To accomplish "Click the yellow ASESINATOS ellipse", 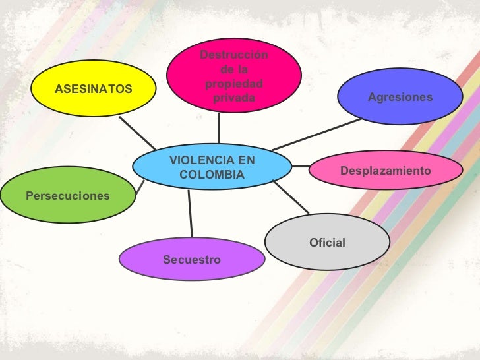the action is coord(93,88).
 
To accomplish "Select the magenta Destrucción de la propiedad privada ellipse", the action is coord(233,75).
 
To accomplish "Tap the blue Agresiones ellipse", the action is coord(400,97).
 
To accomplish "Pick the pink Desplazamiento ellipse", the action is coord(385,171).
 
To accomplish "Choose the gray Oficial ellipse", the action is coord(327,243).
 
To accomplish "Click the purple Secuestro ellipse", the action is coord(192,260).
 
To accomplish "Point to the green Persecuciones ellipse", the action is coord(67,195).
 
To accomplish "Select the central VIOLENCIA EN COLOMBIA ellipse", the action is coord(212,168).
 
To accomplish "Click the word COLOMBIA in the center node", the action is coord(212,175).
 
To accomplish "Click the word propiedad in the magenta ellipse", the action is coord(233,84).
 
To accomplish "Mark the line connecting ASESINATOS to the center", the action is coord(139,133).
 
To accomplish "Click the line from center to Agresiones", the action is coord(316,134).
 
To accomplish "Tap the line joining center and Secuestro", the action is coord(191,212).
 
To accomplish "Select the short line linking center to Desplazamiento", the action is coord(301,166).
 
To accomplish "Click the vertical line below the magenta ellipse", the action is coord(219,128).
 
